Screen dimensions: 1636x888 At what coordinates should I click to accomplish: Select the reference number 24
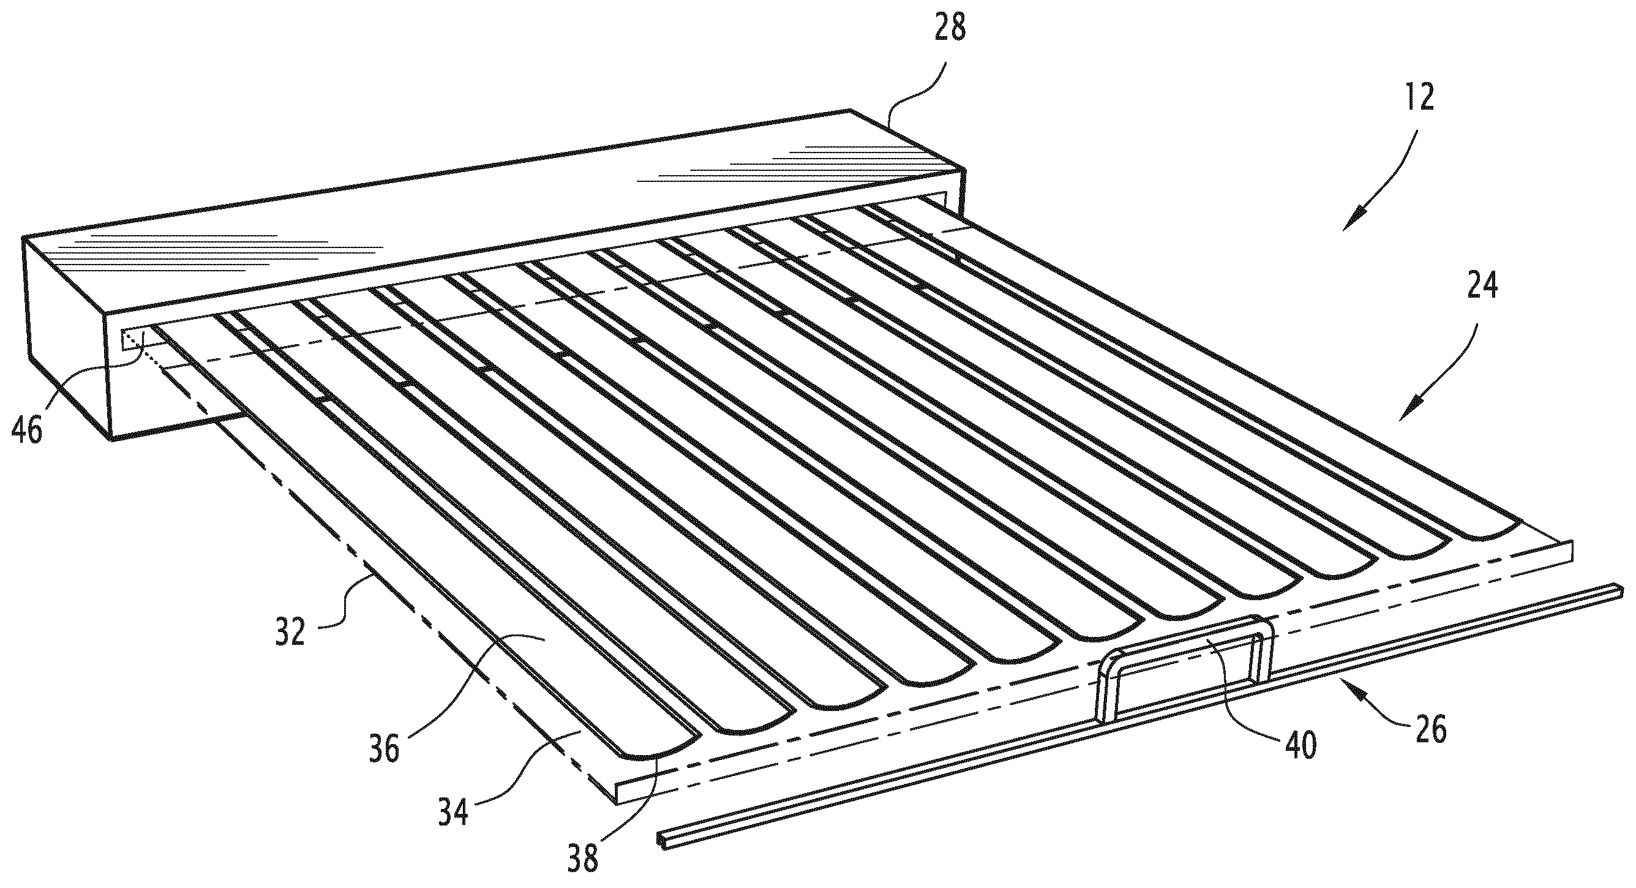pos(1482,286)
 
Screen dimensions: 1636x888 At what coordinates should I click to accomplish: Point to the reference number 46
pos(28,431)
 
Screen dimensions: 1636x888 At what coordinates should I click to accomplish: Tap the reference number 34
pos(453,812)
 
